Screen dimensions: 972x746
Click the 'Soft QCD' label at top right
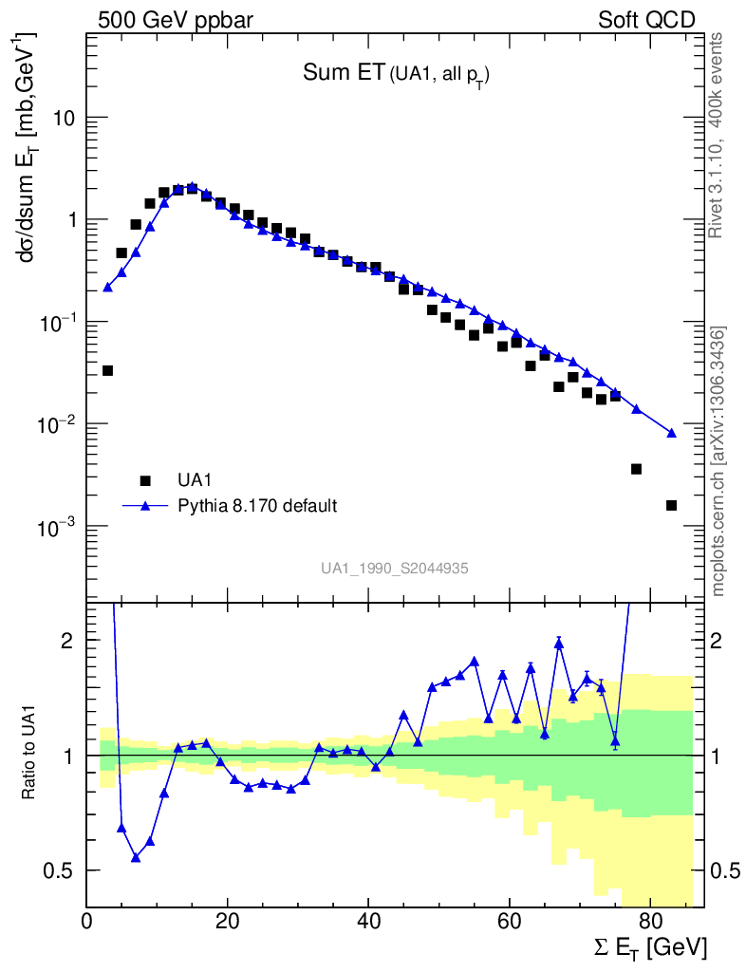(x=646, y=20)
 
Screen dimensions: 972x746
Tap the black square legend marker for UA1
(x=145, y=480)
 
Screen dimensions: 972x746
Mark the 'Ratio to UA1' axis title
(x=29, y=756)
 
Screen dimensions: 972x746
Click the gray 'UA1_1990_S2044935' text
(x=394, y=569)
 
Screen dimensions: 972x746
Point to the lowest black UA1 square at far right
(x=671, y=505)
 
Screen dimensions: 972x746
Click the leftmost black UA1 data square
(x=107, y=370)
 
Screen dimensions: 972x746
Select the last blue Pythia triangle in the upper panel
(x=672, y=433)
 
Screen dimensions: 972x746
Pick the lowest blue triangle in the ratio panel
(x=136, y=857)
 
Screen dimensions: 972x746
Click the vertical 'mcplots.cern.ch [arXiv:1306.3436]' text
(x=719, y=461)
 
